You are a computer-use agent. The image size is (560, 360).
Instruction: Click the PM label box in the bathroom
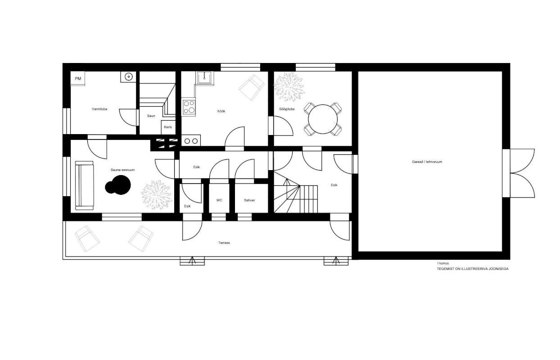tap(78, 78)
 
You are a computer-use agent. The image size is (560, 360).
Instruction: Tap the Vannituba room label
tap(99, 109)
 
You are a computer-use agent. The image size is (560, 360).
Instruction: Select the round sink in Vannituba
tap(128, 76)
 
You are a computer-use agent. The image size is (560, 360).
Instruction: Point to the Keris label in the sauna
tap(168, 127)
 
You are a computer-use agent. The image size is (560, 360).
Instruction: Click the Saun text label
tap(151, 116)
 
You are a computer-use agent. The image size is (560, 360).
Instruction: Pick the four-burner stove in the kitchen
tap(189, 107)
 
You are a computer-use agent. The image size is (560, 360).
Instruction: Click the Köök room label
tap(221, 111)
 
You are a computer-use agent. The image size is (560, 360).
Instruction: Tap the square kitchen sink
tap(205, 78)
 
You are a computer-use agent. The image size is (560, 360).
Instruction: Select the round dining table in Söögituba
tap(323, 119)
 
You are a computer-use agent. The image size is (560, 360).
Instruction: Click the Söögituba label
tap(287, 109)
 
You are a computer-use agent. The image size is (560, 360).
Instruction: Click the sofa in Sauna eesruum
tap(85, 185)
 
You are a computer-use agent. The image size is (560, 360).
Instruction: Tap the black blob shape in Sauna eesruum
tap(118, 185)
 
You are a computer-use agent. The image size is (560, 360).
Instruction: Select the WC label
tap(219, 200)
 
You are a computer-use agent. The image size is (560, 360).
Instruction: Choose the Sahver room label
tap(249, 200)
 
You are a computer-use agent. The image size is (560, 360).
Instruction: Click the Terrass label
tap(224, 243)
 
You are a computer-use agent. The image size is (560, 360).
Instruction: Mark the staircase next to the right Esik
tap(296, 192)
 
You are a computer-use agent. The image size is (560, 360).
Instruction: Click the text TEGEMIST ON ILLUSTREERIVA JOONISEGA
tap(473, 269)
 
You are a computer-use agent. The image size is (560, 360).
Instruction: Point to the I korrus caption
tap(443, 263)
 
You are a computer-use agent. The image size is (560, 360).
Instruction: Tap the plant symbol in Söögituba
tap(289, 86)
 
